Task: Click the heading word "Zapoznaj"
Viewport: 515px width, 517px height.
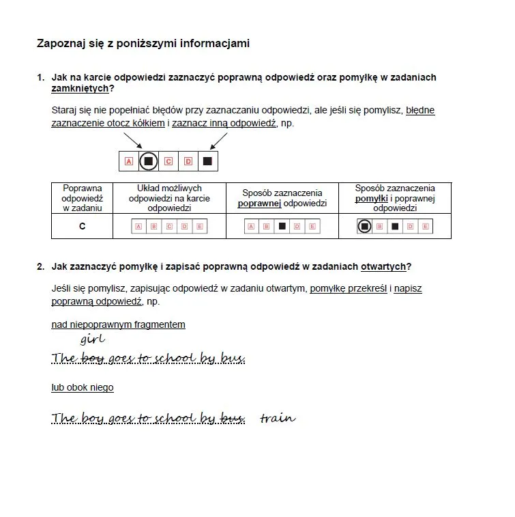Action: point(59,44)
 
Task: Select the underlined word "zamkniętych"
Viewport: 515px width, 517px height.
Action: point(80,89)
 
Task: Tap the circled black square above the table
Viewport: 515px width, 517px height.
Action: point(148,162)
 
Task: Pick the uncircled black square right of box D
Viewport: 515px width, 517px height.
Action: point(207,162)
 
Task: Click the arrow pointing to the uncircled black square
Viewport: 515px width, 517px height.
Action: point(219,141)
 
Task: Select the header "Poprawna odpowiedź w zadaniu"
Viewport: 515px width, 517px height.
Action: point(82,198)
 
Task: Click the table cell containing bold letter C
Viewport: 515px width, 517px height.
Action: point(83,226)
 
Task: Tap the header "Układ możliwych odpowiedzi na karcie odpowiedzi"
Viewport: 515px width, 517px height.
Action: point(169,198)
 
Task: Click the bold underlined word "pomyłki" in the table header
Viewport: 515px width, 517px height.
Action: point(371,199)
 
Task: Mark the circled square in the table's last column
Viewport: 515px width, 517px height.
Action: point(364,226)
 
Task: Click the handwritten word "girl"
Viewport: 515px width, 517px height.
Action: point(92,339)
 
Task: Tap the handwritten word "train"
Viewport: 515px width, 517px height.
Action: point(278,418)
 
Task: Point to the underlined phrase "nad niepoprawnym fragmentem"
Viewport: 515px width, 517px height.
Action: point(118,324)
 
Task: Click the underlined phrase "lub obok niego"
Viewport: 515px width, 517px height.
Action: point(83,387)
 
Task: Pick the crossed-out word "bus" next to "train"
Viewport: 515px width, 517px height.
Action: point(233,418)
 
